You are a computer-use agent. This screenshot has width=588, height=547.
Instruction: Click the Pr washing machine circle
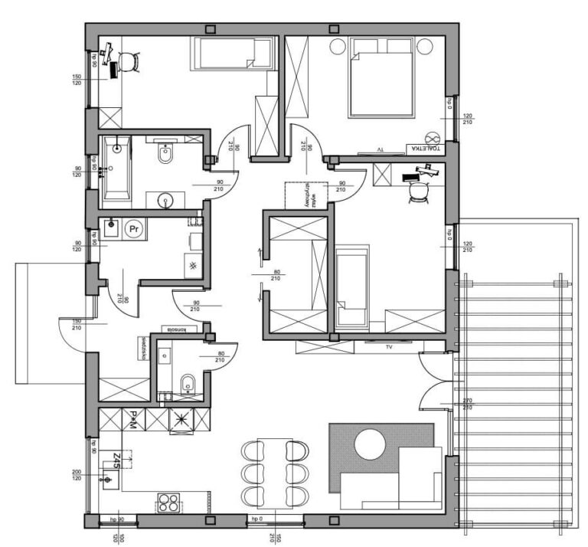[x=135, y=228]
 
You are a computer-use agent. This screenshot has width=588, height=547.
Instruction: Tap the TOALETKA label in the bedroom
[x=425, y=149]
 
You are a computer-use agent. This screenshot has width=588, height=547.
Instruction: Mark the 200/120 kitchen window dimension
[x=77, y=475]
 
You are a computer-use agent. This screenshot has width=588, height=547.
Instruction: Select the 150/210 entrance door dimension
[x=77, y=324]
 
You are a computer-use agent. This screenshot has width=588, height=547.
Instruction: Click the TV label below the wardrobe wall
[x=390, y=347]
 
